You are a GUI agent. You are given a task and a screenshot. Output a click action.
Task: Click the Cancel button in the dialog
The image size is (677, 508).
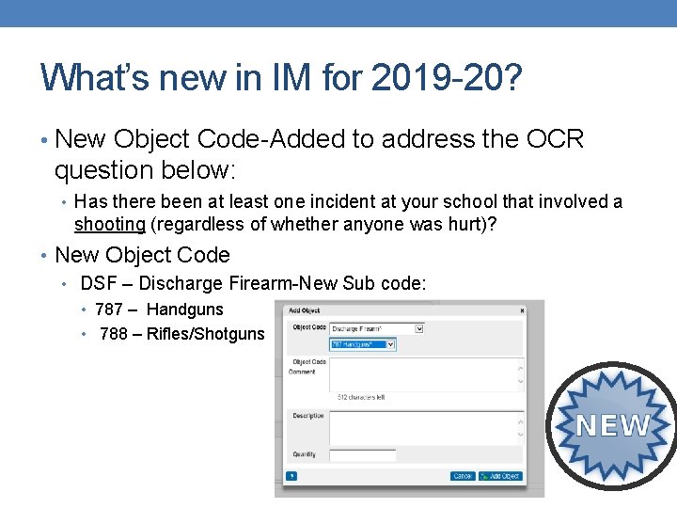(462, 476)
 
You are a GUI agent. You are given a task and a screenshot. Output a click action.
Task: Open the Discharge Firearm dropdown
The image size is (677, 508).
(377, 328)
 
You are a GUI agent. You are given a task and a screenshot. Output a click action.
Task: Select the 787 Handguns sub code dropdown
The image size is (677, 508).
(363, 344)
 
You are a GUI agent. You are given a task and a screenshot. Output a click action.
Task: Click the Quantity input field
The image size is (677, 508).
(363, 455)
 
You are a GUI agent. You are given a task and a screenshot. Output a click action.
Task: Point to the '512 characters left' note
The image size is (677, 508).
(360, 397)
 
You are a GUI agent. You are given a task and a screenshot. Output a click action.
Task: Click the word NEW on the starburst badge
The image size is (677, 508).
(613, 425)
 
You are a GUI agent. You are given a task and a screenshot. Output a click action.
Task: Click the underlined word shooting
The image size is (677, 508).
(110, 224)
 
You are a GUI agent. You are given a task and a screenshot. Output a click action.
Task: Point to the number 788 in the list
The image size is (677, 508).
(113, 333)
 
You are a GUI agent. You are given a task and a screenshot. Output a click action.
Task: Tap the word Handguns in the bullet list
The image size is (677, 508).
(185, 309)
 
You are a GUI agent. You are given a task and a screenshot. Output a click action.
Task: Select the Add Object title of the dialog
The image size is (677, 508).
(306, 310)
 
